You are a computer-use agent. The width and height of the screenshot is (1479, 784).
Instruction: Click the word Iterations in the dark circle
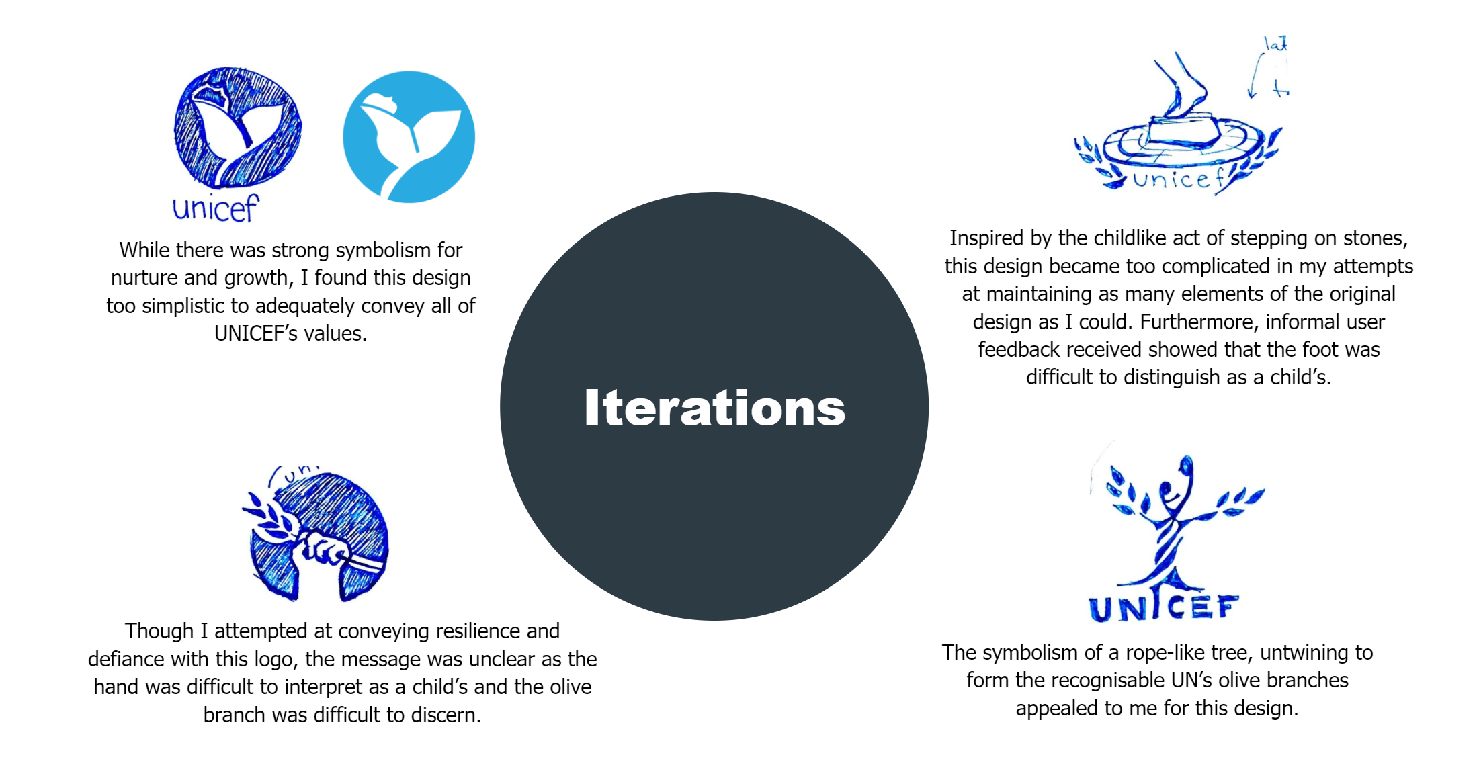714,408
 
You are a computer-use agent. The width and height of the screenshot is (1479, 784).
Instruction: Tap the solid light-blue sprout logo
409,137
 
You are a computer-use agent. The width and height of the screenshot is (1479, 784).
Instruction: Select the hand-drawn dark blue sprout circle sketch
237,128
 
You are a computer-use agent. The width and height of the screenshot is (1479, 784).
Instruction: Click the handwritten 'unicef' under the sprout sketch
215,208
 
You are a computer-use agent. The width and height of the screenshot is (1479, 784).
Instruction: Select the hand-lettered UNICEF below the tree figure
1163,607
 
